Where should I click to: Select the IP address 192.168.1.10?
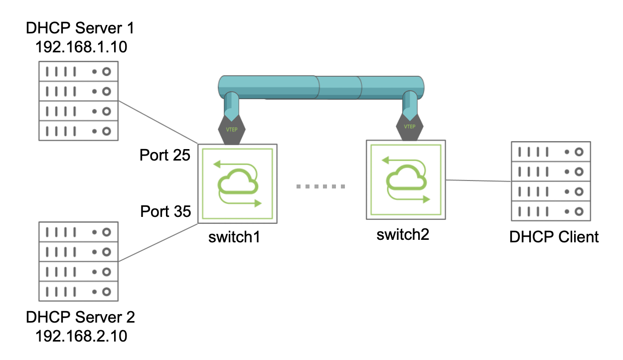81,47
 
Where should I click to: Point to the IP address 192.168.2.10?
81,336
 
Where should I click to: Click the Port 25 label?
165,156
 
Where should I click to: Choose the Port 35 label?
165,211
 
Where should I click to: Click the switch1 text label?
235,236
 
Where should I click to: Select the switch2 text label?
403,234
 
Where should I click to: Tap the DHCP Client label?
554,236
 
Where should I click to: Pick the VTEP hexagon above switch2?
409,127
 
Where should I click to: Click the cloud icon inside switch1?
238,184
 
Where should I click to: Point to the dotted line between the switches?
320,187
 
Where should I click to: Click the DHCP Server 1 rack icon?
78,101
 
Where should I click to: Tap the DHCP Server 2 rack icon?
78,262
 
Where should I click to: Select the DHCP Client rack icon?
551,181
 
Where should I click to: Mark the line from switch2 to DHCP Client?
478,180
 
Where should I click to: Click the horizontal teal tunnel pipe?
321,87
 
